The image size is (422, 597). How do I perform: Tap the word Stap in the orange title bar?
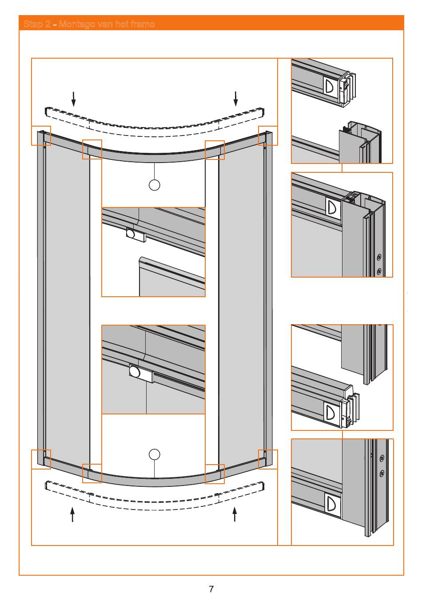tap(34, 24)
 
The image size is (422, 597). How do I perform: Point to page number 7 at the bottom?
tap(211, 589)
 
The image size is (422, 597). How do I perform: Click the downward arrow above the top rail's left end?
tap(74, 99)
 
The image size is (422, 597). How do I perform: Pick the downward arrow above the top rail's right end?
tap(236, 99)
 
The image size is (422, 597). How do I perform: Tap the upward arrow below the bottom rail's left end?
tap(72, 514)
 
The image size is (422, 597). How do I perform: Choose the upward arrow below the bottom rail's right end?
tap(235, 514)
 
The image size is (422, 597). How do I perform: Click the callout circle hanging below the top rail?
tap(154, 185)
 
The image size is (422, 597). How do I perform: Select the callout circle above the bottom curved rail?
tap(154, 454)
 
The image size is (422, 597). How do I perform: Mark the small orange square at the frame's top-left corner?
tap(41, 135)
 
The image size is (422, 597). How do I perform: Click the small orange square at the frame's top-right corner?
tap(268, 135)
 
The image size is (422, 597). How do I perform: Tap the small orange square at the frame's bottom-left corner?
tap(41, 459)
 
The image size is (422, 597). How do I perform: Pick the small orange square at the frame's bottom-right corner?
tap(268, 459)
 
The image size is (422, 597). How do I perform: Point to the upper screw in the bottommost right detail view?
tap(382, 458)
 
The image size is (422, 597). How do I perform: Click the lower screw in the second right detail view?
tap(379, 271)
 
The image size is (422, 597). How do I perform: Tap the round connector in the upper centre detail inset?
tap(131, 233)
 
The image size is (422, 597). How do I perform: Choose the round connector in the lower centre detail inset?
tap(134, 371)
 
